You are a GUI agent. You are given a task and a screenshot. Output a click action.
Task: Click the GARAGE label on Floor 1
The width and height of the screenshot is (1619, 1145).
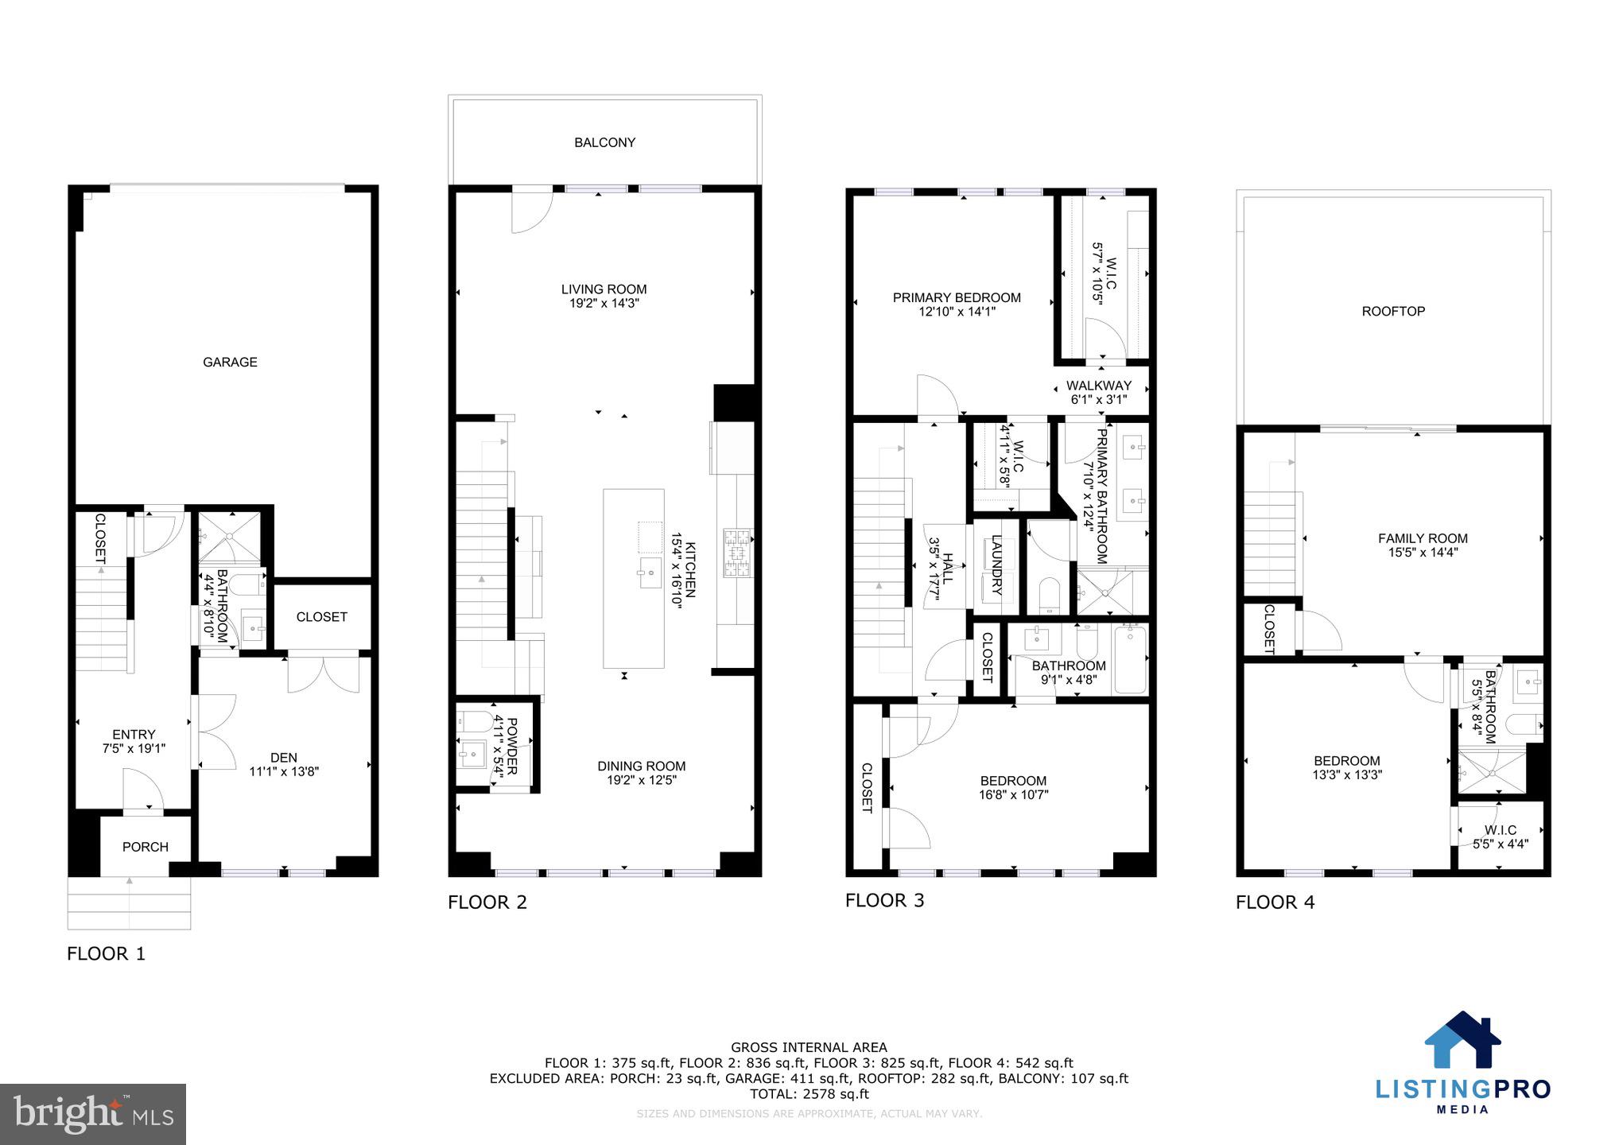pyautogui.click(x=230, y=362)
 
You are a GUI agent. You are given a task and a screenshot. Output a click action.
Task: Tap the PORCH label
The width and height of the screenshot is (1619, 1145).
pyautogui.click(x=145, y=847)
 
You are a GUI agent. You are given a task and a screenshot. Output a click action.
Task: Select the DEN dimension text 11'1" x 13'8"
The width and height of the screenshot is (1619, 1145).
pyautogui.click(x=284, y=771)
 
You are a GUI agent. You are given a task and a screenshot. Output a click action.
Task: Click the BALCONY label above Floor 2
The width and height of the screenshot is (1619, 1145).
pyautogui.click(x=604, y=142)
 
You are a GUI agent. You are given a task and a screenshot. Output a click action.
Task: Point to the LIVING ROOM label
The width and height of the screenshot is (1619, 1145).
pyautogui.click(x=604, y=289)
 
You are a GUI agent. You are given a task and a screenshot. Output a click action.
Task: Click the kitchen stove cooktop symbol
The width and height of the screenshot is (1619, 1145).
pyautogui.click(x=737, y=552)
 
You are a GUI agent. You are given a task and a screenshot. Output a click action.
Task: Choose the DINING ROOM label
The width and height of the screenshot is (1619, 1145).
pyautogui.click(x=641, y=767)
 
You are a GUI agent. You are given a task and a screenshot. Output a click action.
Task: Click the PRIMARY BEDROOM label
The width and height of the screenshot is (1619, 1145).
pyautogui.click(x=957, y=298)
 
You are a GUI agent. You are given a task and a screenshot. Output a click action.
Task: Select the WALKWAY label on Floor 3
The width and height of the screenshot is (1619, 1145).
pyautogui.click(x=1098, y=386)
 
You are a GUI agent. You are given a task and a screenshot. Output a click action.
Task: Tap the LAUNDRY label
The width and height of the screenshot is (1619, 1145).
pyautogui.click(x=996, y=565)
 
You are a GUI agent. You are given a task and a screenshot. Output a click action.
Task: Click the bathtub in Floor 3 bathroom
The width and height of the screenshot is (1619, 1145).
pyautogui.click(x=1129, y=659)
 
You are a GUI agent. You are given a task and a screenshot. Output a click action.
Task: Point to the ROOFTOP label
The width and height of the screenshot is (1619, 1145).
pyautogui.click(x=1393, y=312)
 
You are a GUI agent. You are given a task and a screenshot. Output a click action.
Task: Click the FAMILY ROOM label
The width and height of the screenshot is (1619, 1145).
pyautogui.click(x=1423, y=538)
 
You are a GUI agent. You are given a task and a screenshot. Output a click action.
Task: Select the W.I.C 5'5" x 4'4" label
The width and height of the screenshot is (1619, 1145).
pyautogui.click(x=1500, y=837)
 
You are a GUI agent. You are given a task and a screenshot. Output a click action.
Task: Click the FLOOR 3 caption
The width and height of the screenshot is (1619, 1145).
pyautogui.click(x=884, y=900)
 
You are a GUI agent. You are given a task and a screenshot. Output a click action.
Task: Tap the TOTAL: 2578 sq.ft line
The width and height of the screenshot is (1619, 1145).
pyautogui.click(x=809, y=1094)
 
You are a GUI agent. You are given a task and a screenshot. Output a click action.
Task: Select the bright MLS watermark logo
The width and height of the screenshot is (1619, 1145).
pyautogui.click(x=93, y=1113)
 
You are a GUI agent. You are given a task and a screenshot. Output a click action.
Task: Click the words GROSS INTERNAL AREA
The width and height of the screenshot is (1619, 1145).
pyautogui.click(x=809, y=1047)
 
